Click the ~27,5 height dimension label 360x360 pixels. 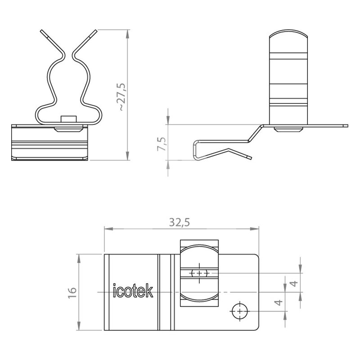[x=122, y=97]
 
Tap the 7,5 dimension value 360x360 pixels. [x=162, y=144]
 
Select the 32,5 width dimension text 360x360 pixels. [x=180, y=222]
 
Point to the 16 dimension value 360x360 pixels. [x=72, y=292]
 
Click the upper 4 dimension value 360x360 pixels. [x=294, y=283]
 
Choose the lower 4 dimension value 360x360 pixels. [x=279, y=302]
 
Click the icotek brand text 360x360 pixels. [x=133, y=291]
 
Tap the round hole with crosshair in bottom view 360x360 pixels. [x=240, y=311]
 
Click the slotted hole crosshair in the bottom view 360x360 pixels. [x=199, y=273]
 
